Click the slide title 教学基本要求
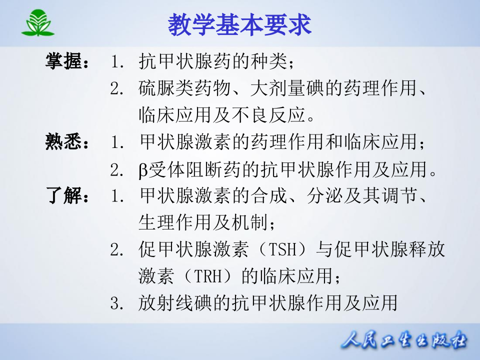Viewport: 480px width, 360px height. click(239, 23)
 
